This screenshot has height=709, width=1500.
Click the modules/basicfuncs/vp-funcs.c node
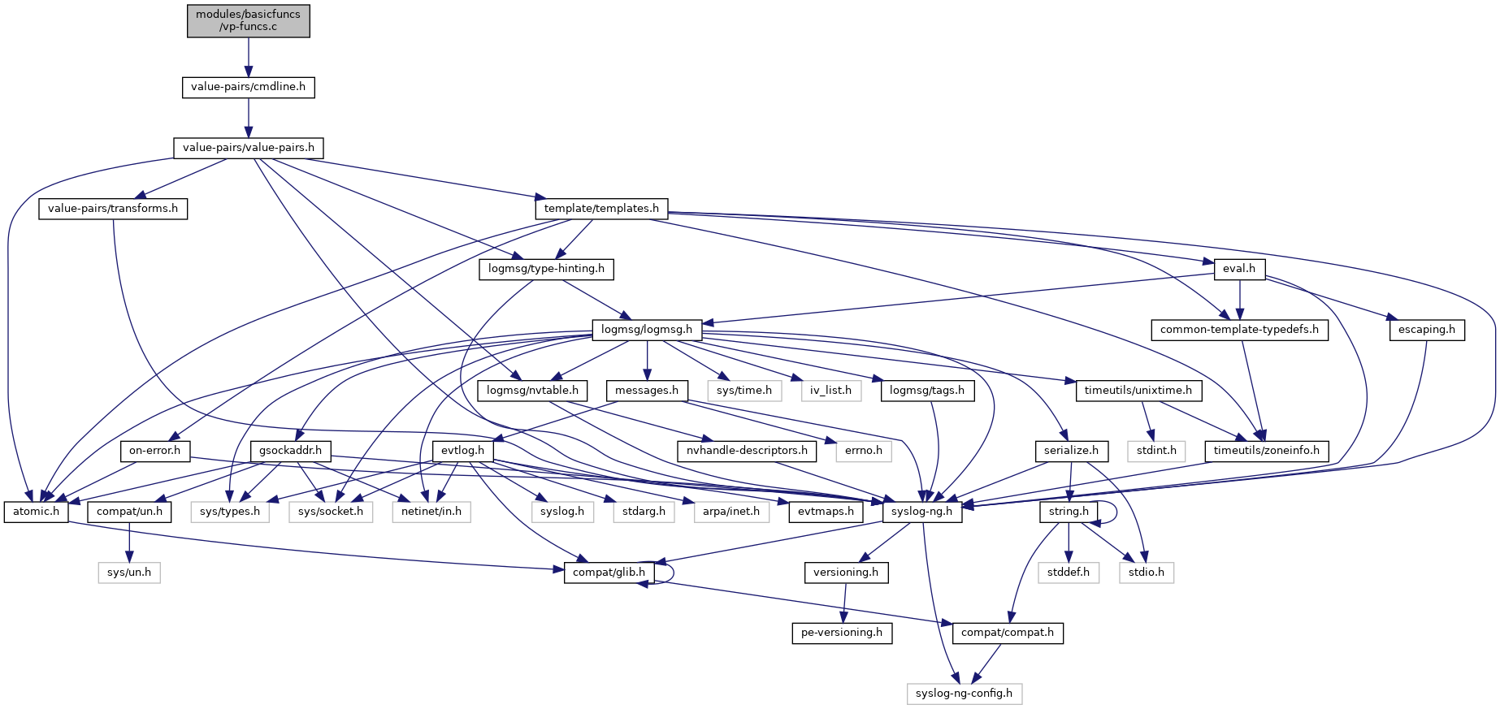(249, 20)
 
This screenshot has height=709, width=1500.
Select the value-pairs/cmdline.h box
(248, 87)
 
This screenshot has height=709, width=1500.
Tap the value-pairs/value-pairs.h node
(248, 148)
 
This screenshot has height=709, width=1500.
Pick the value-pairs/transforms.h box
(113, 209)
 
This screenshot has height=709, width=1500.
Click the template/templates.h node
(601, 209)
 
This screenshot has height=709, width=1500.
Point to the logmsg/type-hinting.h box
(546, 269)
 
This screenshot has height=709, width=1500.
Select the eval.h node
(1239, 269)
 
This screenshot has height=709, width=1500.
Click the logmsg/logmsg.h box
(647, 330)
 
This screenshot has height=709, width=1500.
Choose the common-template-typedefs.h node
(1239, 330)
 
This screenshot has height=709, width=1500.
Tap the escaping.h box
(1427, 330)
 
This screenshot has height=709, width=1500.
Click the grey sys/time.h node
(743, 391)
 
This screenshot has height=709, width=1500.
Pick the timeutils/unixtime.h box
(1138, 391)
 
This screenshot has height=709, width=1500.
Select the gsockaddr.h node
(291, 451)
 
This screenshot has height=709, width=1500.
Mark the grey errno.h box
(864, 451)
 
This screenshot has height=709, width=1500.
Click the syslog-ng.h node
(921, 512)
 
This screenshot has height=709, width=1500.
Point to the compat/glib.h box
(609, 573)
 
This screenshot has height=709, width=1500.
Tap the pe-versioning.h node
(841, 633)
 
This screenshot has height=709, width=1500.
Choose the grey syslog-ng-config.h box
(964, 694)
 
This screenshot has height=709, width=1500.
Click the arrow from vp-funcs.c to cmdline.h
(249, 57)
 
